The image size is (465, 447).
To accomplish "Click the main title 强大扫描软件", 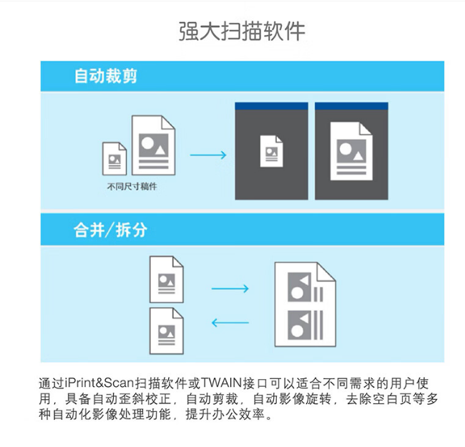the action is [x=242, y=31].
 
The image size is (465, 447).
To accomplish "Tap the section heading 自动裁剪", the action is [x=106, y=76].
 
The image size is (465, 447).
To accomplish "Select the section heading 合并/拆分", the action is [x=110, y=230].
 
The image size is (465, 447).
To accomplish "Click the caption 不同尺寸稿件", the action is [x=132, y=187].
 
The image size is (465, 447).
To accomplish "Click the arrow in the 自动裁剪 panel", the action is [x=208, y=155].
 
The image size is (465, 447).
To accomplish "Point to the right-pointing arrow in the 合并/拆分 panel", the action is [x=230, y=289].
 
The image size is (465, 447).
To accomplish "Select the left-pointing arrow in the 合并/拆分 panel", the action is [x=230, y=323].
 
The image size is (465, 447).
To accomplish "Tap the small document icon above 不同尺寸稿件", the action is [x=114, y=159].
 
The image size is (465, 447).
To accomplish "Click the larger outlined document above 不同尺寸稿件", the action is [x=154, y=145].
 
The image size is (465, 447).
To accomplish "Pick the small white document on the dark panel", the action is [x=271, y=151].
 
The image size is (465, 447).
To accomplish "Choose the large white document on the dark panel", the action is [x=351, y=151].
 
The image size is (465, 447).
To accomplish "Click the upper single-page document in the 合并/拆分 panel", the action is [x=167, y=280].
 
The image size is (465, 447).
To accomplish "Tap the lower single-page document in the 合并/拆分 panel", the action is [x=167, y=331].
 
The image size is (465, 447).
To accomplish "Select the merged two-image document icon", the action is [x=305, y=305].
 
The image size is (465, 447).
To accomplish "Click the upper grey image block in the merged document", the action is [x=300, y=287].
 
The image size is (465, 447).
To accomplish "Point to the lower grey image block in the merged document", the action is [x=300, y=325].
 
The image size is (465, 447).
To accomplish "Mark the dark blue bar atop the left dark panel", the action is [x=271, y=106].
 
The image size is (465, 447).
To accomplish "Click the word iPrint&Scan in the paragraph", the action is [x=99, y=383].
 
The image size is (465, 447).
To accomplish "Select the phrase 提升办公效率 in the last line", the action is [x=225, y=414].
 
